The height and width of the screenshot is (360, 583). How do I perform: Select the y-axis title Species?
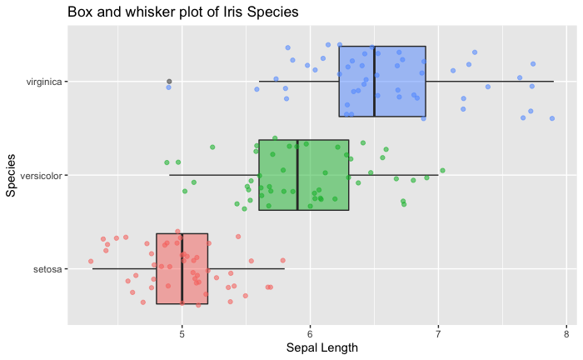12,175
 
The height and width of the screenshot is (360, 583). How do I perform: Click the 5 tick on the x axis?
182,333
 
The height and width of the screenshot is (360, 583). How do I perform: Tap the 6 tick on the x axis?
310,333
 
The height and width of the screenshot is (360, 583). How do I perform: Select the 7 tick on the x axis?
438,333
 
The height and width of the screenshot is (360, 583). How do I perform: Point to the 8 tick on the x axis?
566,333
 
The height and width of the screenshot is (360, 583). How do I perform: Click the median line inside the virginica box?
374,82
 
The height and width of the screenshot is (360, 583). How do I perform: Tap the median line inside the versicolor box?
297,175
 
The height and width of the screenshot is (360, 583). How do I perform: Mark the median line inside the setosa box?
182,269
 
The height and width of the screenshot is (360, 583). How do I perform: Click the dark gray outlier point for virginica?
169,82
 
